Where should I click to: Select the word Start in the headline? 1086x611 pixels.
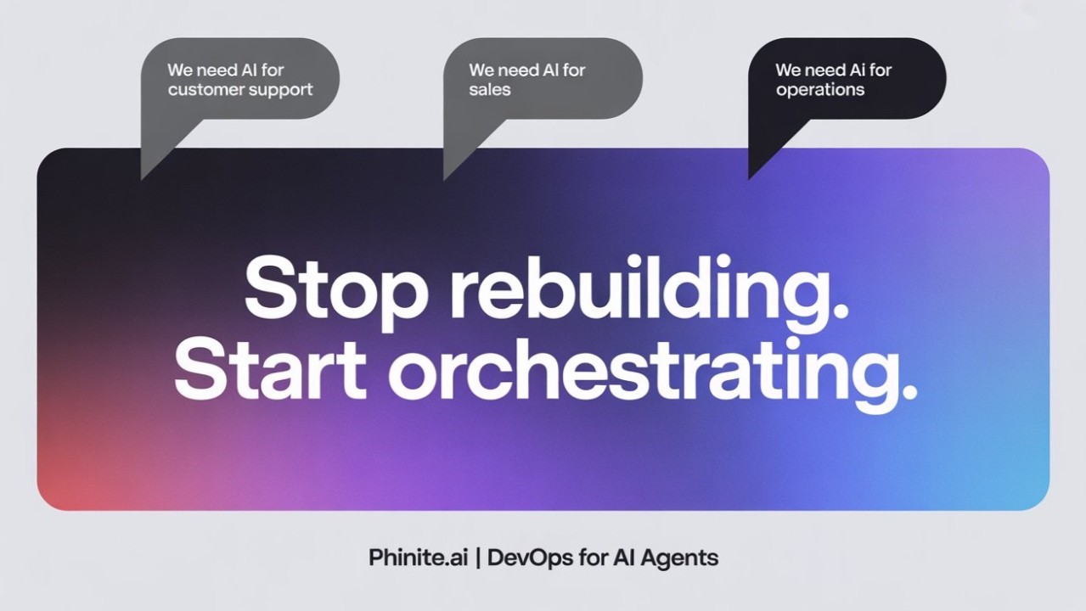pos(270,373)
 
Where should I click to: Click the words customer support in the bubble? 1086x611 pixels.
pos(240,90)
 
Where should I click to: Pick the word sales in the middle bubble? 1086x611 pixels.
pos(490,90)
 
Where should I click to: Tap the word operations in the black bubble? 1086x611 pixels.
pos(819,90)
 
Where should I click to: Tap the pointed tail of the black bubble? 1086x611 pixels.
pos(754,170)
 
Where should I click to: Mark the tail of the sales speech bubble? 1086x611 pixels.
pos(450,170)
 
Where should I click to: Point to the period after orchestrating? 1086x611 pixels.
pos(909,393)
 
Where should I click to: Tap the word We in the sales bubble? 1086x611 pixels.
pos(481,70)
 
